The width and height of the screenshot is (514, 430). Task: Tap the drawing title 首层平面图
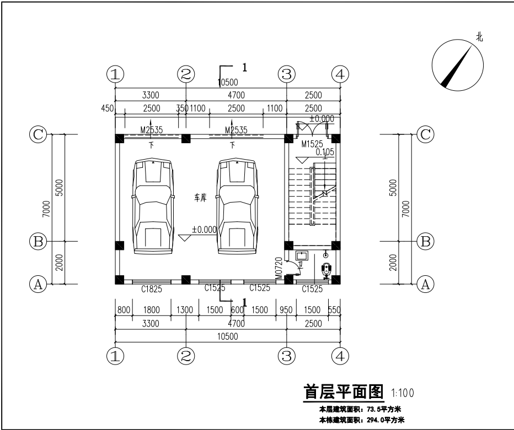[x=344, y=391]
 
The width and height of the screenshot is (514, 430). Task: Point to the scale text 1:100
[x=403, y=393]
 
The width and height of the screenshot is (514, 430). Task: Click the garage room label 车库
[x=200, y=197]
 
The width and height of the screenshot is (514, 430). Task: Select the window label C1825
[x=143, y=287]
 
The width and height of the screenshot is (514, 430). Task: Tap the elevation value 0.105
[x=325, y=152]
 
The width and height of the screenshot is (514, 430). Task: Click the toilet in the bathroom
[x=326, y=269]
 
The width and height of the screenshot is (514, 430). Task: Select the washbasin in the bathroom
[x=302, y=255]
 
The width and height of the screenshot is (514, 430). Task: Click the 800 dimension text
[x=123, y=310]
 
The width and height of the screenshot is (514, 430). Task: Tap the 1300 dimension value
[x=185, y=310]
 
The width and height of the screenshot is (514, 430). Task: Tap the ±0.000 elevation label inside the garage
[x=204, y=230]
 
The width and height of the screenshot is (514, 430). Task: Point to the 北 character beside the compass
[x=479, y=37]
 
